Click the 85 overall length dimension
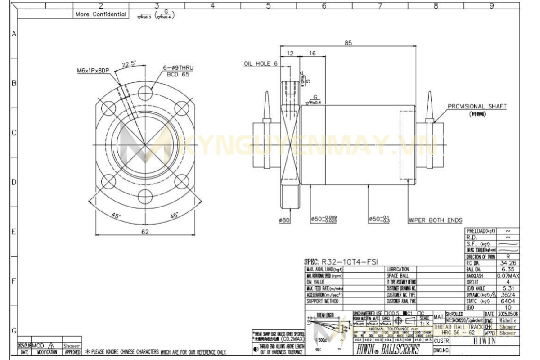tap(348, 43)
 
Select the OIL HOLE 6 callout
tap(261, 64)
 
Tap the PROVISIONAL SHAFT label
tap(477, 107)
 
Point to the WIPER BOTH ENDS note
tap(435, 220)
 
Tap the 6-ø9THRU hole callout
tap(178, 67)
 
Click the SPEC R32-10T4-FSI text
tap(341, 261)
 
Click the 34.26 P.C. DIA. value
tap(508, 263)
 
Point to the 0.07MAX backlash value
tap(508, 275)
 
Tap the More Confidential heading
tap(101, 14)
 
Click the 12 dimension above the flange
tap(290, 54)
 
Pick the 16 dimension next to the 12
tap(312, 54)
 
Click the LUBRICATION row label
tap(399, 269)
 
